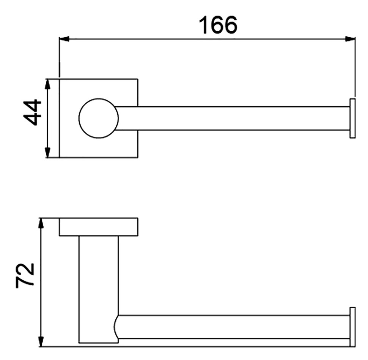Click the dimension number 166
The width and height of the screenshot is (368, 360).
218,25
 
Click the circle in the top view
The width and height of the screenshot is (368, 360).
99,118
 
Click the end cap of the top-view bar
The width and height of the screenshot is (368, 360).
352,118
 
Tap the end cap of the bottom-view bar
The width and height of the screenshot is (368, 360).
352,327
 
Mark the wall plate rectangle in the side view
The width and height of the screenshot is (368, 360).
98,227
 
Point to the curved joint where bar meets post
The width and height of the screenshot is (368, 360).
117,327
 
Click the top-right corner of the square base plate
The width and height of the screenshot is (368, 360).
137,79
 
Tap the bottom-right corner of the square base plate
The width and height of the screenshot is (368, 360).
137,157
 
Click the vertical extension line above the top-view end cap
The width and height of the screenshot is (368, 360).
355,68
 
